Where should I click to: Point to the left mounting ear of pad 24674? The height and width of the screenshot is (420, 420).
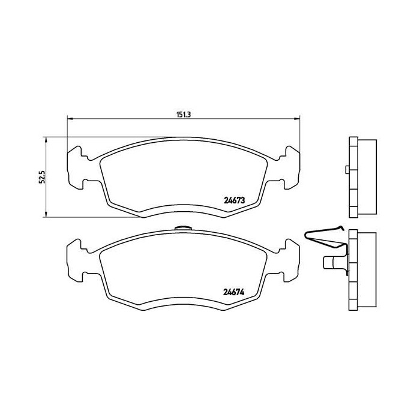pos(77,259)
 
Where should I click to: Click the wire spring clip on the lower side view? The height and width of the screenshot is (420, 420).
pos(324,236)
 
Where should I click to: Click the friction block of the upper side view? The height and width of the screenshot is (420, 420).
pos(367,178)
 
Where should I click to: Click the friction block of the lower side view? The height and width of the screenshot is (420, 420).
pos(367,271)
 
